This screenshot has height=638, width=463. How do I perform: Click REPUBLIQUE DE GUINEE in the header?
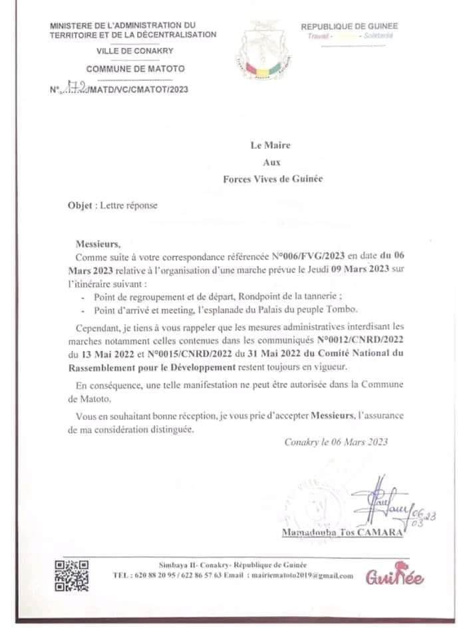click(x=349, y=26)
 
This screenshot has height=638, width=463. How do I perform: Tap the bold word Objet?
click(x=80, y=205)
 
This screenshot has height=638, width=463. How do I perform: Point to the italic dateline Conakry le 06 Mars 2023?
click(x=336, y=441)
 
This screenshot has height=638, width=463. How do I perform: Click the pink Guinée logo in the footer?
click(x=394, y=578)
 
